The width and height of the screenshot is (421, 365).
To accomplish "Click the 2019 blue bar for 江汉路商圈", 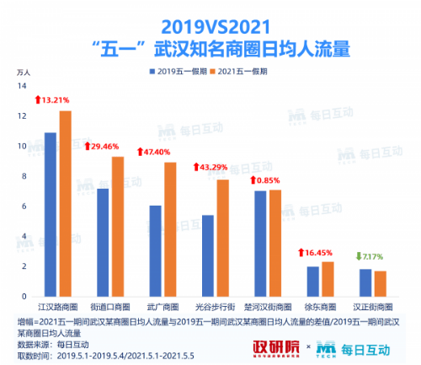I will [x=51, y=214].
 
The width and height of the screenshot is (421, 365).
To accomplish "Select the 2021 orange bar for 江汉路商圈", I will [x=65, y=203].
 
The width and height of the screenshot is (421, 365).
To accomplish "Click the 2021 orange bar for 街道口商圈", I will [x=117, y=226].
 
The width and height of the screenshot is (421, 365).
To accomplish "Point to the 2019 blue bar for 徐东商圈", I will [x=312, y=282].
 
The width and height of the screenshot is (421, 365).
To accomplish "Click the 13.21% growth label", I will [x=56, y=99].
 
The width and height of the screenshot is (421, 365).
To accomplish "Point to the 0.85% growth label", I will [x=269, y=180].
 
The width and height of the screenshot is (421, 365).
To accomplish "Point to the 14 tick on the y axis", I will [x=24, y=87].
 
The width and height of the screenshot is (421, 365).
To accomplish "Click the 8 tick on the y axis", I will [x=25, y=177].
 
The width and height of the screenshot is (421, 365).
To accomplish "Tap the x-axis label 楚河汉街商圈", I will [x=267, y=308].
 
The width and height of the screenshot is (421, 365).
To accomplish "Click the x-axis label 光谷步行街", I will [x=214, y=308].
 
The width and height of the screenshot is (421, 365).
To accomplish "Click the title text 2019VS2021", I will [x=210, y=21].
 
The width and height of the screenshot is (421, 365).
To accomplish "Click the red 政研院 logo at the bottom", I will [x=275, y=347].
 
